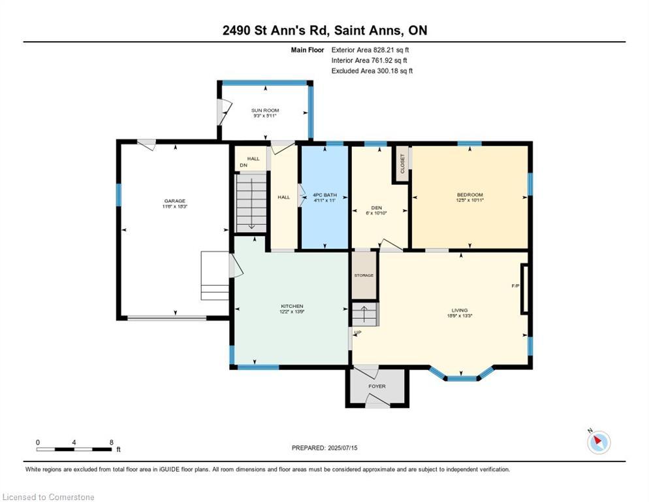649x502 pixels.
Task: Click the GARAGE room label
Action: tap(174, 201)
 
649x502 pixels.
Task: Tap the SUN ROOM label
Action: tap(265, 110)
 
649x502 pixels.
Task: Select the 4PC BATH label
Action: tap(323, 194)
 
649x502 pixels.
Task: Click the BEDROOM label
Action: tap(469, 195)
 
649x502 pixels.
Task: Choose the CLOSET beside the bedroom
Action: tap(402, 163)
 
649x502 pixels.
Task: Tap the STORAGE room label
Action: tap(364, 275)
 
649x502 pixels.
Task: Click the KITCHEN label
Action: tap(292, 306)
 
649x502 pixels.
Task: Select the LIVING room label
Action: tap(460, 310)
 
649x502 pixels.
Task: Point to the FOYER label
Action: tap(377, 386)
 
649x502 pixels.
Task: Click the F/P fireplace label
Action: tap(515, 286)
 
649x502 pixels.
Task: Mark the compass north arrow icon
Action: tap(599, 442)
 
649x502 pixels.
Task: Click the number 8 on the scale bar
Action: tap(112, 443)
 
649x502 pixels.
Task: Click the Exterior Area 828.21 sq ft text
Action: tap(370, 50)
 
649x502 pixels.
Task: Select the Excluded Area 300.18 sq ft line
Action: tap(372, 71)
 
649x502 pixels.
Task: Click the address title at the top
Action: tap(324, 31)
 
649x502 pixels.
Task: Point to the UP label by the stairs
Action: tap(357, 333)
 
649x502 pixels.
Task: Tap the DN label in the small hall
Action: tap(244, 165)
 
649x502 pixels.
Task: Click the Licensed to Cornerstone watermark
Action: tap(49, 497)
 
